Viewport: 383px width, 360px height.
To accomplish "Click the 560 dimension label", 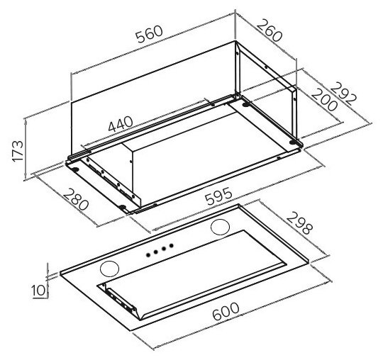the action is [x=149, y=34].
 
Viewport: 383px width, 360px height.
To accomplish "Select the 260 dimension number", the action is [x=270, y=30].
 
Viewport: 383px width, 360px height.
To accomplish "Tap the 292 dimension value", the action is [x=345, y=94].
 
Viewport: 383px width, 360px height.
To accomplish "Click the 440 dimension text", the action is [x=121, y=124].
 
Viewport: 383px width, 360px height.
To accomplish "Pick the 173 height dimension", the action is [x=18, y=151].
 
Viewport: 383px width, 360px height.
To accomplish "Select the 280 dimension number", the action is [x=76, y=199].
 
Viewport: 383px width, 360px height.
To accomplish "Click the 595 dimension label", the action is [x=218, y=196].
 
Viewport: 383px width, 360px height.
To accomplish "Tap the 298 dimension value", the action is [x=299, y=223].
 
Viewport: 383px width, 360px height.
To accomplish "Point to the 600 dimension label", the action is [x=226, y=311].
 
